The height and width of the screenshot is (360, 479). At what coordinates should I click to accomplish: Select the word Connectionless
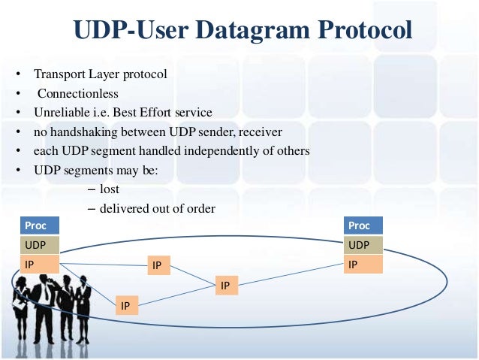coord(79,94)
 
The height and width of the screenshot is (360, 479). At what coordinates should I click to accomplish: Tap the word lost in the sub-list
coord(110,189)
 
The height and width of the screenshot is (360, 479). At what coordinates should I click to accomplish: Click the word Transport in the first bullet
coord(57,75)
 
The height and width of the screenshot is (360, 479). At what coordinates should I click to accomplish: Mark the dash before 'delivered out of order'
coord(92,209)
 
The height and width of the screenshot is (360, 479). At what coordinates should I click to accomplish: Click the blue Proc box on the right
coord(363,225)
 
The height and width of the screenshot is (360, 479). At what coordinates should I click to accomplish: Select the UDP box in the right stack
coord(363,245)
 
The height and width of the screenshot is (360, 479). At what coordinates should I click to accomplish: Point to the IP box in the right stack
coord(363,264)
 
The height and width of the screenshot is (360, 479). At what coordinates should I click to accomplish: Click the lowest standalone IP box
coord(125,305)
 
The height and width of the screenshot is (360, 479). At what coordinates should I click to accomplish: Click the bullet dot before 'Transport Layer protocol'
coord(16,76)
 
